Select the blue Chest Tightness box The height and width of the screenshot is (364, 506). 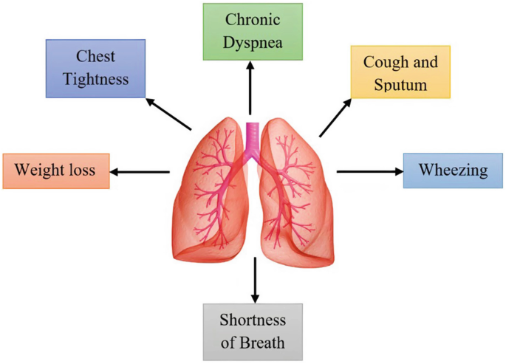pyautogui.click(x=95, y=68)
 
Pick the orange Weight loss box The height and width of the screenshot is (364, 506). pyautogui.click(x=56, y=171)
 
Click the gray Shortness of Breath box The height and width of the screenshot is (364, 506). pyautogui.click(x=253, y=332)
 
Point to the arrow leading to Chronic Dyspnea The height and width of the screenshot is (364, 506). pyautogui.click(x=251, y=87)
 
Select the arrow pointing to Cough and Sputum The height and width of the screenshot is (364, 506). pyautogui.click(x=335, y=117)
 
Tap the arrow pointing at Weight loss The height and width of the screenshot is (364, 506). pyautogui.click(x=140, y=172)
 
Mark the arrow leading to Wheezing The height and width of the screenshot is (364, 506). pyautogui.click(x=369, y=171)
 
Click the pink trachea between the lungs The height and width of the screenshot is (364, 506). pyautogui.click(x=253, y=137)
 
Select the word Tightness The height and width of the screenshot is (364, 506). pyautogui.click(x=95, y=78)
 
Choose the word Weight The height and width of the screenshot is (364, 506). pyautogui.click(x=41, y=171)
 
